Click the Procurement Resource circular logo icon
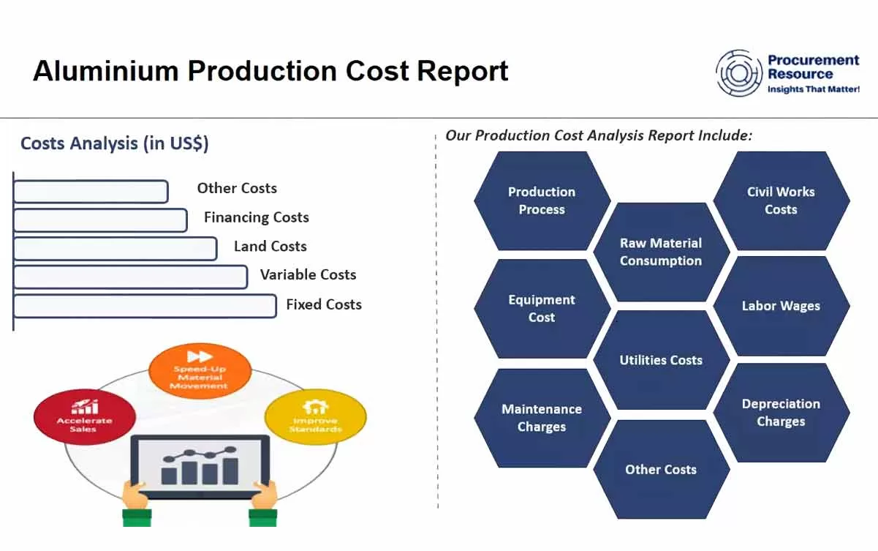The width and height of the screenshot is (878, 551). click(739, 73)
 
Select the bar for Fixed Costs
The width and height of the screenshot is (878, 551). click(145, 306)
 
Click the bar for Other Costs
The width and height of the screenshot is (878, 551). click(91, 192)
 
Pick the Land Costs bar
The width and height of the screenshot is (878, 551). click(115, 249)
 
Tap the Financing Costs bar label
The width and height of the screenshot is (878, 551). click(256, 217)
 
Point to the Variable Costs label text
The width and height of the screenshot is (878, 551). click(308, 275)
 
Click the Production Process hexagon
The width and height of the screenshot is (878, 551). click(542, 200)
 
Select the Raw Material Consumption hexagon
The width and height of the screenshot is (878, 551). click(661, 252)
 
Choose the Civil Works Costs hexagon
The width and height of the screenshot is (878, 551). click(781, 200)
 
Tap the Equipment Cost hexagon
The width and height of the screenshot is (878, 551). click(542, 308)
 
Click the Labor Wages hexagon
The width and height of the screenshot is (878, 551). click(781, 306)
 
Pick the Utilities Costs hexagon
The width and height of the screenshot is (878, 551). click(661, 360)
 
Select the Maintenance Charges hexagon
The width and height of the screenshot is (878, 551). click(542, 418)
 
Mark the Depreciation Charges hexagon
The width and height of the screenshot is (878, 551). click(781, 413)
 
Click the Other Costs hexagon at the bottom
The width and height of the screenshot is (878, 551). click(661, 470)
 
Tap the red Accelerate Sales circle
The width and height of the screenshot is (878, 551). click(85, 416)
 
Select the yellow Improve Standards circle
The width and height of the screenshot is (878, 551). click(315, 416)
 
